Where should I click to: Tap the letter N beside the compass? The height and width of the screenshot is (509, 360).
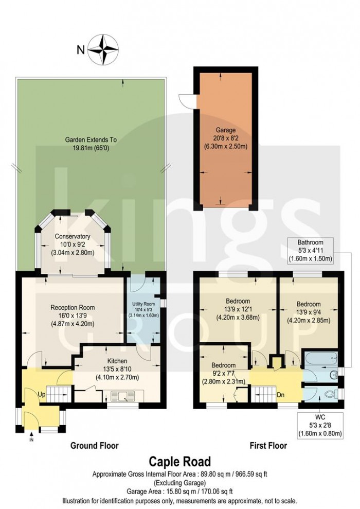tap(80, 50)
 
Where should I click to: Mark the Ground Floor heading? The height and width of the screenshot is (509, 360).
tap(94, 446)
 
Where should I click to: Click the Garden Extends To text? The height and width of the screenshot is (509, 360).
tap(91, 143)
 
